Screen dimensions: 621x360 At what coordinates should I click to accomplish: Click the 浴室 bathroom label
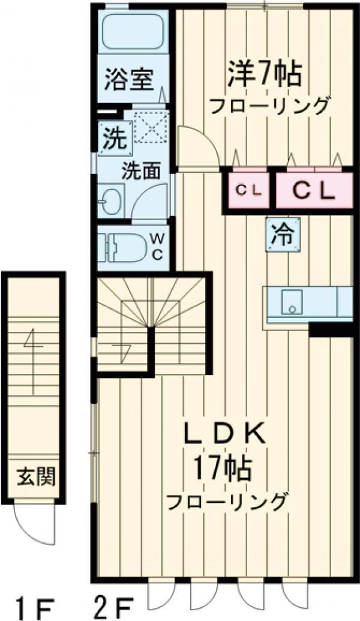pos(130,79)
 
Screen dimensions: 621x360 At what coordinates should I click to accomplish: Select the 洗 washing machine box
pos(113,139)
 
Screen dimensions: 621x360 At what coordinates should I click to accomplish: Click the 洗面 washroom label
pos(142,171)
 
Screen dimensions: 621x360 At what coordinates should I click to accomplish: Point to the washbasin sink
pos(110,200)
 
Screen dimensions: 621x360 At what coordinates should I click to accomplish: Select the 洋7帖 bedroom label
pos(263,74)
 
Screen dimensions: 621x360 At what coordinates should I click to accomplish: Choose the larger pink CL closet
pos(313,190)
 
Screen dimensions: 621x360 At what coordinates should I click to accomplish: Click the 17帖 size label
pos(222,467)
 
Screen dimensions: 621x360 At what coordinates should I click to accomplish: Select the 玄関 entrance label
pos(35,478)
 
